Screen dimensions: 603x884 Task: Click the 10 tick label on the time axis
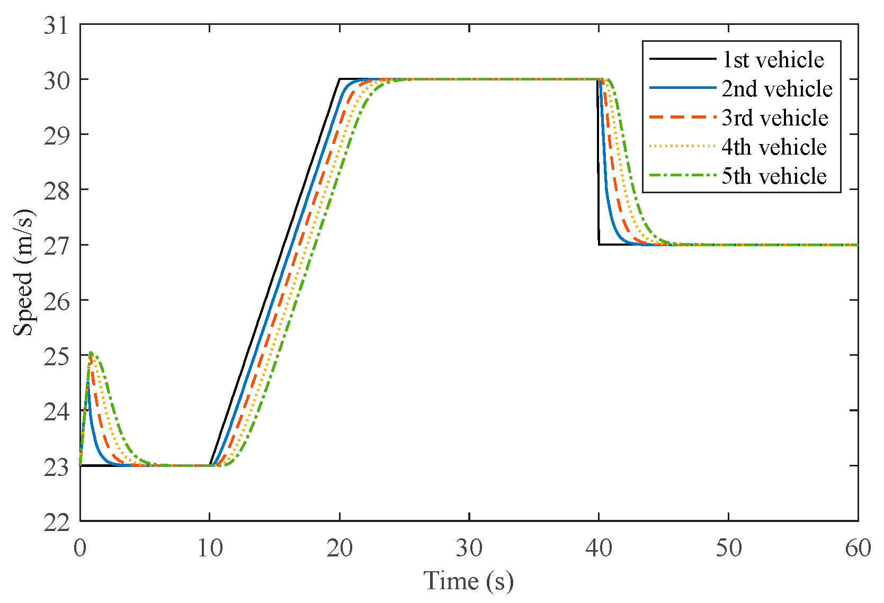(210, 548)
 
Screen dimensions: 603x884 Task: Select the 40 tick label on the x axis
(599, 548)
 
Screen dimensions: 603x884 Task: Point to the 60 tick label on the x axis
(858, 548)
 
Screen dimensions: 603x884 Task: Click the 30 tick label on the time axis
(469, 548)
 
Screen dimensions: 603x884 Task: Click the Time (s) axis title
(468, 581)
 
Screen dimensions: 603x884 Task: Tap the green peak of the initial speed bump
(91, 353)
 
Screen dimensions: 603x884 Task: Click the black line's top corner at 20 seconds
(340, 79)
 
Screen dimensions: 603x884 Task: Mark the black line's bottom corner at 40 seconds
(599, 245)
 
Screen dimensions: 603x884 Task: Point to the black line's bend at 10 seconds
(210, 465)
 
